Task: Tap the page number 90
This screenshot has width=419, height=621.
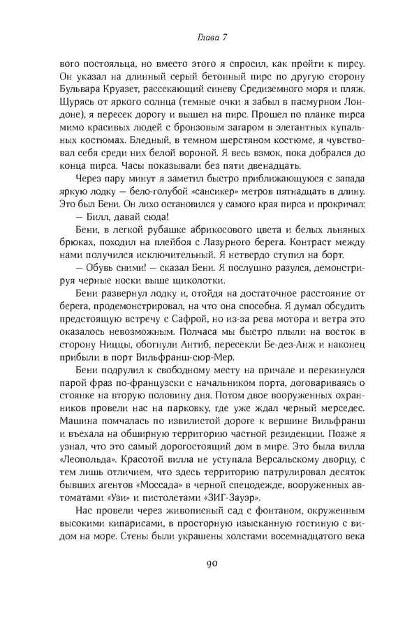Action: [209, 583]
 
